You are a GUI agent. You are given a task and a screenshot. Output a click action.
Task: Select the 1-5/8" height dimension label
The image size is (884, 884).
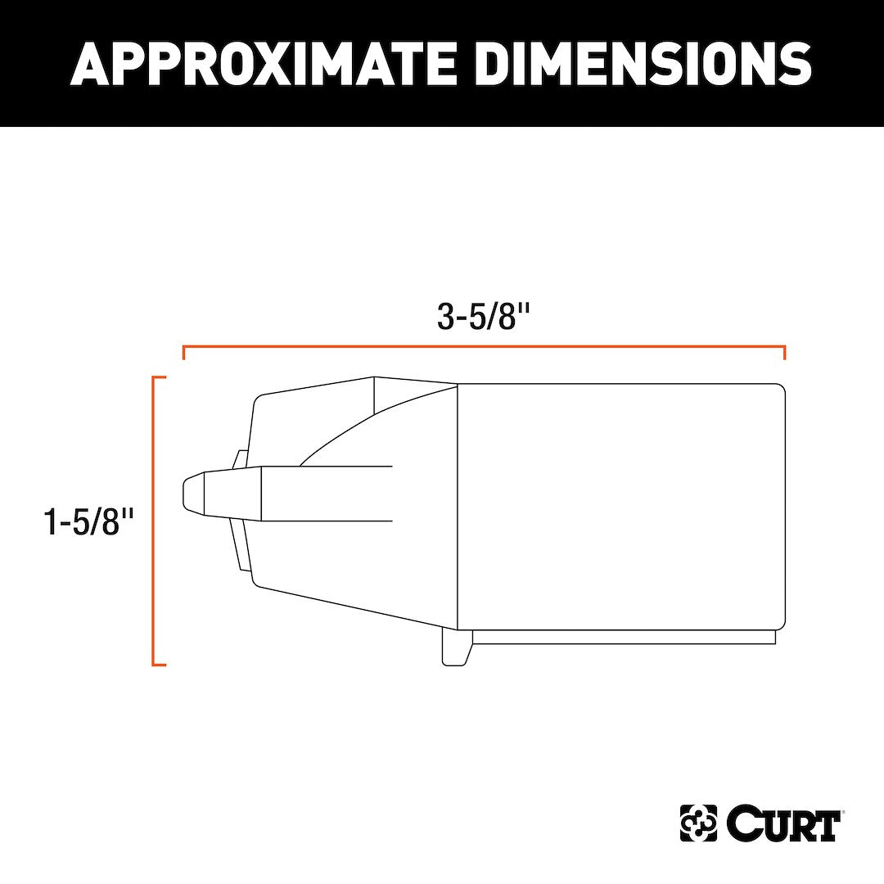tap(88, 521)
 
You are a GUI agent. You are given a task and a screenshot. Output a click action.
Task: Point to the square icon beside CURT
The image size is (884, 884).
tap(698, 823)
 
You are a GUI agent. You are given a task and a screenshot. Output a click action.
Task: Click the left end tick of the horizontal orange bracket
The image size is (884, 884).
tap(183, 353)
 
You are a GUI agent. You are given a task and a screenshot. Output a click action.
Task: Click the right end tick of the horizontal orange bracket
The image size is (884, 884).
tap(784, 353)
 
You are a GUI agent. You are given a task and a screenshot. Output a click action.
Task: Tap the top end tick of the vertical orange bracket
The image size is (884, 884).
tap(160, 377)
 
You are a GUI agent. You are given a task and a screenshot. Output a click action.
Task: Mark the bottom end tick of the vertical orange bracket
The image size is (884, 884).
tap(160, 664)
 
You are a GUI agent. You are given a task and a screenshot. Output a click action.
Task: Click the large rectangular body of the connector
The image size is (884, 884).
tap(620, 506)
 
